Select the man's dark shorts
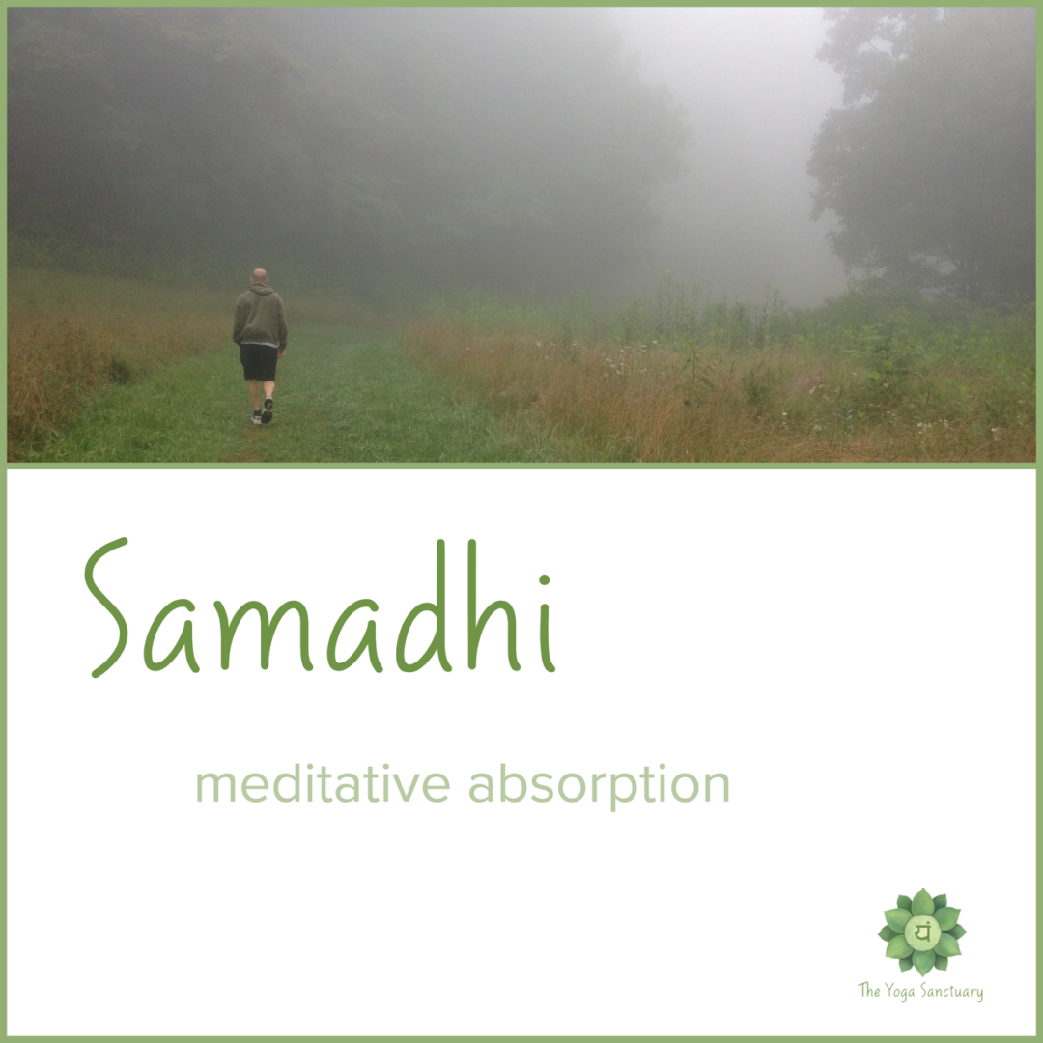[260, 362]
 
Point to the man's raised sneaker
[268, 409]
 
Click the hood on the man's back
[261, 288]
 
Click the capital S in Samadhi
[106, 607]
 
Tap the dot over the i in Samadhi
[544, 580]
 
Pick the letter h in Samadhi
[493, 606]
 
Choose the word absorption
[600, 787]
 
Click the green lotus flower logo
[921, 931]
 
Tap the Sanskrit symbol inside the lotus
[922, 931]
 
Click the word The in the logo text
[869, 991]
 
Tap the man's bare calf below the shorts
[254, 396]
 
